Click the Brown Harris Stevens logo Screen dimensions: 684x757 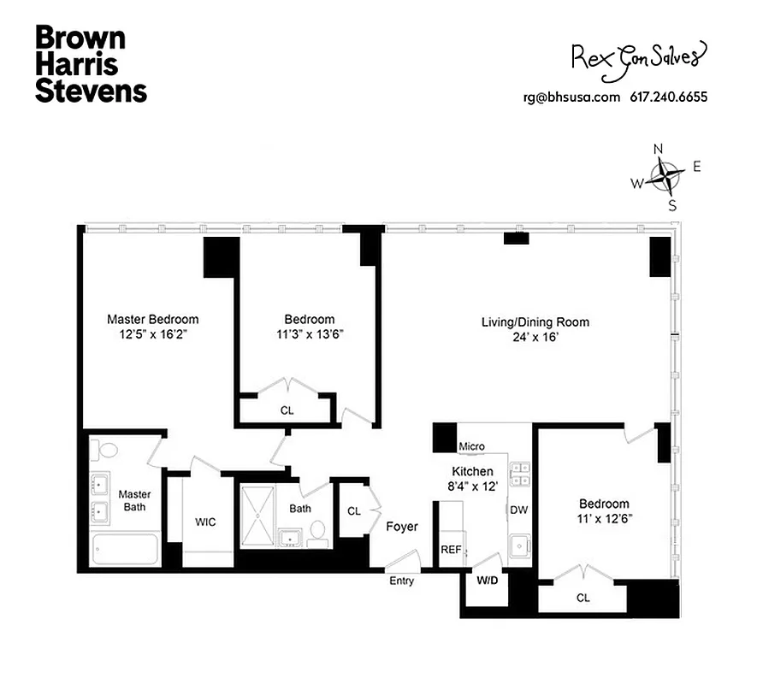coord(91,64)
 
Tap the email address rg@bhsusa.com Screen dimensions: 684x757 coord(571,97)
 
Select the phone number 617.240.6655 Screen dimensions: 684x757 coord(668,97)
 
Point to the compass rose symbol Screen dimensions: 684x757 coord(665,177)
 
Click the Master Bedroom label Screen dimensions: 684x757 coord(152,320)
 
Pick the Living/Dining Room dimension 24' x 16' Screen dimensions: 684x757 coord(535,337)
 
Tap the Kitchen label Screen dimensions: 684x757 coord(472,471)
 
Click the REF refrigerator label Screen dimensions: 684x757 coord(451,550)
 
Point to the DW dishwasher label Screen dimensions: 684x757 coord(518,510)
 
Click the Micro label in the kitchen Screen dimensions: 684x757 coord(471,446)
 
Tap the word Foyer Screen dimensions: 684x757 coord(402,527)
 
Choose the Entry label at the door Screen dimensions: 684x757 coord(401,581)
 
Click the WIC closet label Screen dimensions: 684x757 coord(205,522)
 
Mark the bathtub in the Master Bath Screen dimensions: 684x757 coord(126,549)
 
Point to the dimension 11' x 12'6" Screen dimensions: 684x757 coord(604,518)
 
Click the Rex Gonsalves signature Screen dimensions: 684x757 coord(639,56)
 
